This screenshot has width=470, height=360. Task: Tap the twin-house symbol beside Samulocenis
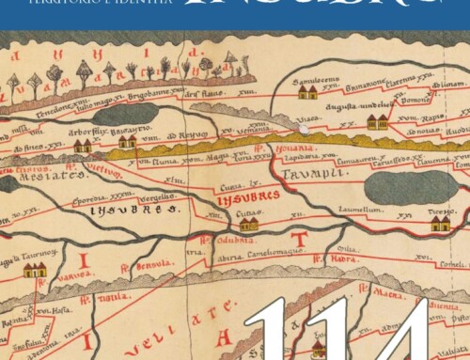(x=307, y=93)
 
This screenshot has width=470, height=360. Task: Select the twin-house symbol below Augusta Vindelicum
(x=377, y=122)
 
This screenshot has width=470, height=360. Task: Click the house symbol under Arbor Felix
(x=83, y=146)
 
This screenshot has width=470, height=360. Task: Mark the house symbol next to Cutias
(x=248, y=224)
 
